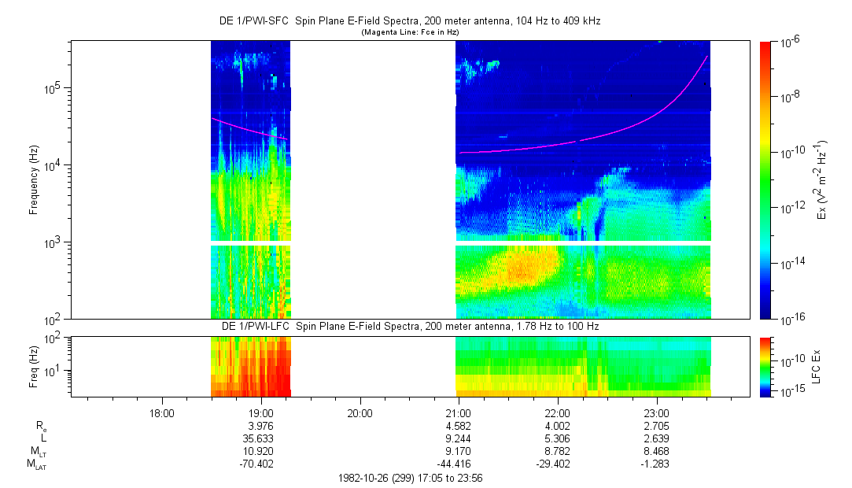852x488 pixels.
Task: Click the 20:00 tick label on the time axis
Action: (360, 412)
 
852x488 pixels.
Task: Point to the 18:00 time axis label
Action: (161, 412)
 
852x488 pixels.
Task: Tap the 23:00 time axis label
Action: (656, 412)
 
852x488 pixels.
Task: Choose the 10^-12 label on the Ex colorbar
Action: (790, 207)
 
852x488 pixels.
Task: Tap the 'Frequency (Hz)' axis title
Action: (34, 180)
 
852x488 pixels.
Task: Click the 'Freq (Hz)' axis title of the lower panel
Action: (34, 366)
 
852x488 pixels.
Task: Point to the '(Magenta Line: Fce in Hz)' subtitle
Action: (410, 31)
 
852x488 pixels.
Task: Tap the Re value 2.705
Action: (656, 425)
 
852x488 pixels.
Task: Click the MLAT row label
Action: (37, 465)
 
